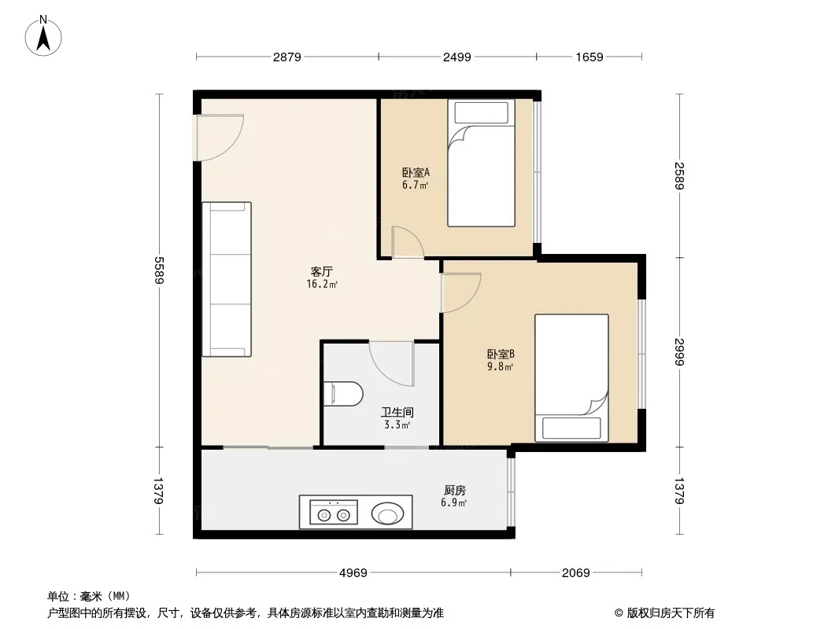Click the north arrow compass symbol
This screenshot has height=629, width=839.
[x=43, y=36]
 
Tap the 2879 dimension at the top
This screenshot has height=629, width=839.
[x=287, y=57]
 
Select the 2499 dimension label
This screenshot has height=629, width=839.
[x=457, y=57]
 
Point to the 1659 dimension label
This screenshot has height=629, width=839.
[x=590, y=57]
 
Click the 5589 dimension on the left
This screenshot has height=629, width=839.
[x=159, y=270]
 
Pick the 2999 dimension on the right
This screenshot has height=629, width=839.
[x=679, y=351]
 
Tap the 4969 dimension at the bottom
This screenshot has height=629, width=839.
[x=353, y=573]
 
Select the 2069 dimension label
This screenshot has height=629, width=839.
[x=576, y=573]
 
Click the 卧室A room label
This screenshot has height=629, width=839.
[x=416, y=173]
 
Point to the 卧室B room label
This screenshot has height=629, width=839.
[x=501, y=354]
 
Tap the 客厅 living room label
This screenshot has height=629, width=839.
[x=322, y=271]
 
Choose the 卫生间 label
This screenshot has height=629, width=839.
[x=397, y=413]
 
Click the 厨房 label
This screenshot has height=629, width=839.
[x=455, y=490]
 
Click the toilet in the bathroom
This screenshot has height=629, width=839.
[x=343, y=394]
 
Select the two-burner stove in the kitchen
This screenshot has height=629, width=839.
[x=334, y=513]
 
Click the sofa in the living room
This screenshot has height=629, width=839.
[x=227, y=279]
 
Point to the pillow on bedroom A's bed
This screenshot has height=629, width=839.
[x=482, y=112]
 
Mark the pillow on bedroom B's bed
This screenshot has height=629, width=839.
[x=571, y=428]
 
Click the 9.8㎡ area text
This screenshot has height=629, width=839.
[x=501, y=367]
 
